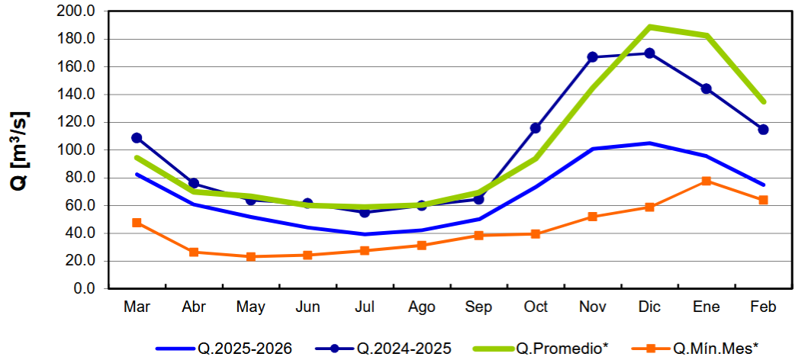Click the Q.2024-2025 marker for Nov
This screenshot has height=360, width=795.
click(592, 57)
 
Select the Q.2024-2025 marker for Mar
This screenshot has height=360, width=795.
click(137, 138)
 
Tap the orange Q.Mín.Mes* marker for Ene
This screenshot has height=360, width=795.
click(706, 181)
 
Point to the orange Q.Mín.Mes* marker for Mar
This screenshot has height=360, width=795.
click(137, 223)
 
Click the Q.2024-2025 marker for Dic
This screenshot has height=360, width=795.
click(649, 53)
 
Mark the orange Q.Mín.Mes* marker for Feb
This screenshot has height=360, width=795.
click(763, 200)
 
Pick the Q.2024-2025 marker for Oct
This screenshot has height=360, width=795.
click(536, 128)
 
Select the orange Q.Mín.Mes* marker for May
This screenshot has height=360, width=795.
click(250, 257)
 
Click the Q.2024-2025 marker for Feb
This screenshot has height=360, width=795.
click(763, 130)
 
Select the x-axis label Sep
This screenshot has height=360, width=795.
click(478, 307)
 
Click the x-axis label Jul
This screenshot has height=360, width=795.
click(365, 307)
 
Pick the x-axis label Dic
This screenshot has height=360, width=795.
click(649, 307)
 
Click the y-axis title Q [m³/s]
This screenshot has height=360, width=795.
click(21, 150)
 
